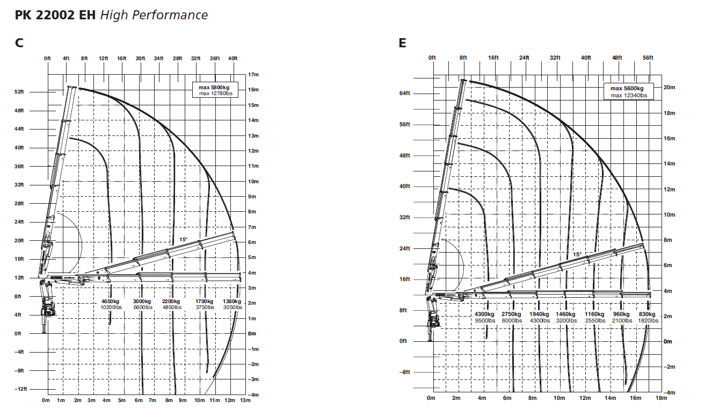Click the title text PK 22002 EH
[55, 15]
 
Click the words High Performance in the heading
[154, 15]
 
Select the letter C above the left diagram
[19, 42]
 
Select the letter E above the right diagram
[403, 42]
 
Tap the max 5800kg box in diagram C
[215, 90]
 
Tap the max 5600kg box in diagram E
[628, 91]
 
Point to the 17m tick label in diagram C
[253, 75]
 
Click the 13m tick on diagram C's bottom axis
[245, 400]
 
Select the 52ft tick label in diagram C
[19, 92]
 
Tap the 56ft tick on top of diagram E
[648, 58]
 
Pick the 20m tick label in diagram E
[669, 88]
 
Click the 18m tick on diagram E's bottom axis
[661, 398]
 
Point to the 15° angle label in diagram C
[183, 240]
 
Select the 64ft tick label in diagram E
[404, 93]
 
